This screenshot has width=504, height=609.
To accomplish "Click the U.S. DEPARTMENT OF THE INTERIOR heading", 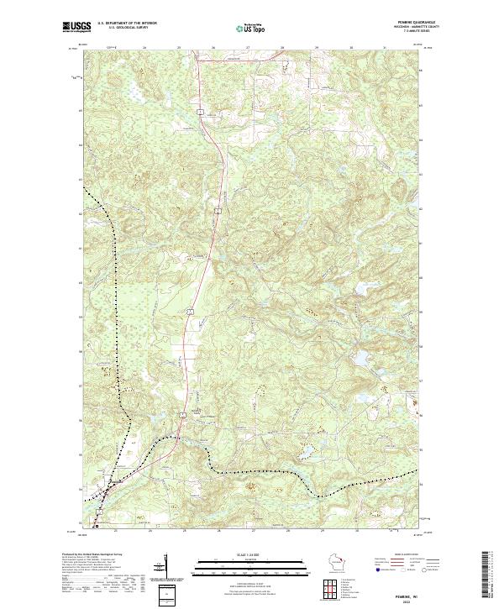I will [x=127, y=24].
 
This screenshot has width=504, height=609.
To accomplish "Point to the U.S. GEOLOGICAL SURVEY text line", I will [x=127, y=28].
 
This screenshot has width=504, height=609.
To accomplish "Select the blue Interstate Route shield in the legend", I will [x=376, y=570].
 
